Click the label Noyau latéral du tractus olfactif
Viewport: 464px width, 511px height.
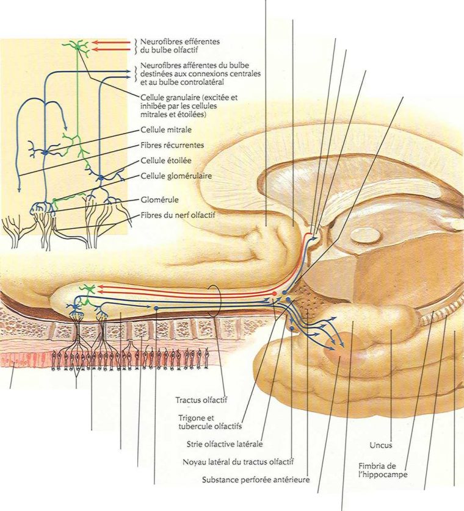pos(239,462)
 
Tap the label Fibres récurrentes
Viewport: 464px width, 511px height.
pos(172,145)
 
